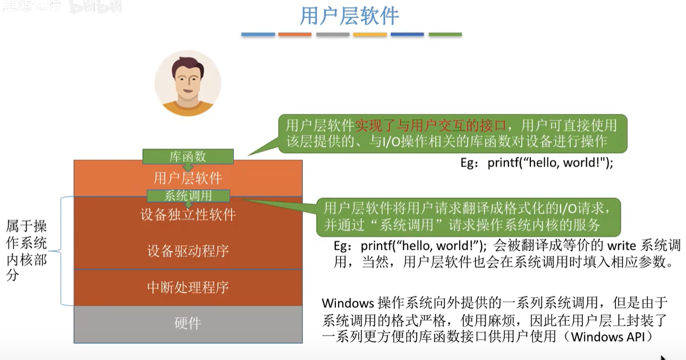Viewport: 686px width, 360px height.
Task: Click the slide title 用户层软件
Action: pyautogui.click(x=349, y=16)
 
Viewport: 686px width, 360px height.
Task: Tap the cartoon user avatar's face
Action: pyautogui.click(x=188, y=80)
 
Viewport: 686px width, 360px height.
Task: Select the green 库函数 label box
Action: pyautogui.click(x=188, y=156)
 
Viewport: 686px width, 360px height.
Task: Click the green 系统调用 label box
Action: pyautogui.click(x=188, y=196)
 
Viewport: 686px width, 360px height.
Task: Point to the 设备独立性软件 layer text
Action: pyautogui.click(x=188, y=215)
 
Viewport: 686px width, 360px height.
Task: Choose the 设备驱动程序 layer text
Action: pyautogui.click(x=188, y=251)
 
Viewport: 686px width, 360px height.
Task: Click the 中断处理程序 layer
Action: pyautogui.click(x=188, y=288)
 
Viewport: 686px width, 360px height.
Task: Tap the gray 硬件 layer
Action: pyautogui.click(x=188, y=324)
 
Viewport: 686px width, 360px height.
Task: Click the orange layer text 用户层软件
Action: pyautogui.click(x=188, y=177)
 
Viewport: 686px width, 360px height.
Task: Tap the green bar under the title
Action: pyautogui.click(x=445, y=35)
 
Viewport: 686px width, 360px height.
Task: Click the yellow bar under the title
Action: pyautogui.click(x=370, y=35)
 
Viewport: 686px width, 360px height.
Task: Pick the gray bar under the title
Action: pyautogui.click(x=333, y=35)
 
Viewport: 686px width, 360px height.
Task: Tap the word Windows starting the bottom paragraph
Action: pyautogui.click(x=348, y=304)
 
